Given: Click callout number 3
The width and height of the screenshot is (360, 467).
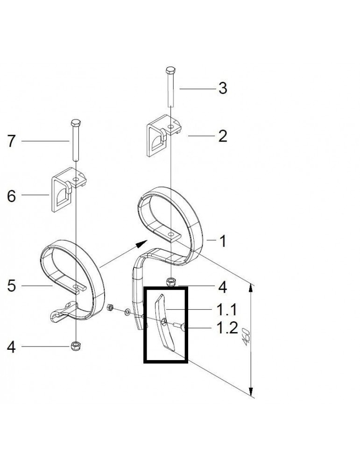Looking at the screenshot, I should [x=223, y=88].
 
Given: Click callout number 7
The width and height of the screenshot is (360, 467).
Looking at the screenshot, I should [x=11, y=141].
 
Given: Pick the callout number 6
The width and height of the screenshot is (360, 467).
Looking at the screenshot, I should [x=11, y=196].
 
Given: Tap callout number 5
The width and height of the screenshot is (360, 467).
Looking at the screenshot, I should [x=11, y=285].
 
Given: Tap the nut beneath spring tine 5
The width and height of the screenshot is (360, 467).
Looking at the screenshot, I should [x=75, y=346].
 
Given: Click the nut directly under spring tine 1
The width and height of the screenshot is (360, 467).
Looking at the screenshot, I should [x=171, y=282].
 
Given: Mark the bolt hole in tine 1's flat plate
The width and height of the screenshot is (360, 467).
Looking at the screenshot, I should [x=171, y=233].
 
